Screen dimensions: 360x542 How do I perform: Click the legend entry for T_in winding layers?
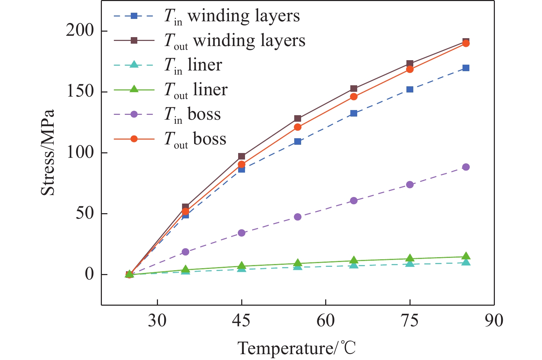[207, 16]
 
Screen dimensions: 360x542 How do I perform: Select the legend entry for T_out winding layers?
[210, 41]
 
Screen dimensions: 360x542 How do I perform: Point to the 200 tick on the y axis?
[80, 31]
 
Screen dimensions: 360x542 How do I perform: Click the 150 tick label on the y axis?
[80, 92]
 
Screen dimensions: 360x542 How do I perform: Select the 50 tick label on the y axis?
[84, 214]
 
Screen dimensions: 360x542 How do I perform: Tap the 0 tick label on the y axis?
[89, 274]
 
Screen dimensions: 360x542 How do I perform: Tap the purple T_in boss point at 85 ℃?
[466, 167]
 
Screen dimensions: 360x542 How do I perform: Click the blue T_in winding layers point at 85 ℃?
[466, 68]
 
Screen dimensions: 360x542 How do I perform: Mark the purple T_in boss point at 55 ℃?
[298, 217]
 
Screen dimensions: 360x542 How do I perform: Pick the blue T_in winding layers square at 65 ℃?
[354, 113]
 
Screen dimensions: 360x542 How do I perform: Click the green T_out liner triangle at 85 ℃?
[466, 256]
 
